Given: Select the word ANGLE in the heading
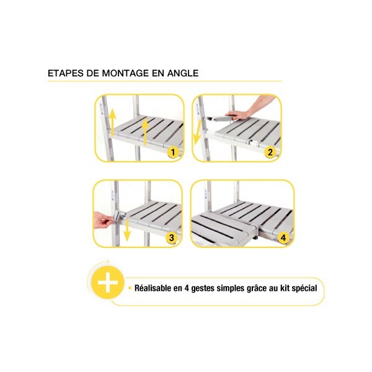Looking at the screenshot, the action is [x=183, y=73].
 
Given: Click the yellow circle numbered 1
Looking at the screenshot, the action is [x=173, y=153].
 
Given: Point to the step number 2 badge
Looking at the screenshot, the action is [x=270, y=153].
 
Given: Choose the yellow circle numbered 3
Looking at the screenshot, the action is [x=171, y=237].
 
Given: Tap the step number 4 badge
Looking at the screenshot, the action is [x=283, y=237].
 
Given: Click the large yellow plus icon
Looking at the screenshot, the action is [x=108, y=283].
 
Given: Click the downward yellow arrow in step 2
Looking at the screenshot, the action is [x=197, y=132].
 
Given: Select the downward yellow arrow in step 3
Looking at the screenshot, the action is [x=127, y=230].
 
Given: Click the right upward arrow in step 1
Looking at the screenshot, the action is [x=144, y=131].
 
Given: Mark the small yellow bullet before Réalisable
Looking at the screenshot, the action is [x=130, y=288].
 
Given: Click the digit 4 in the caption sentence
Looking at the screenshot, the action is [x=186, y=288].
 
